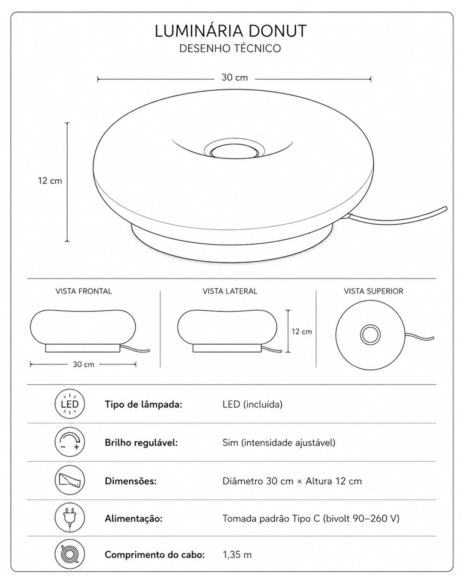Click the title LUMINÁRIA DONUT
tap(230, 31)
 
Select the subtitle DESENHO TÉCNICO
tap(230, 49)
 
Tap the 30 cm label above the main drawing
tap(235, 78)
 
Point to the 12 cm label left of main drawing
tap(50, 181)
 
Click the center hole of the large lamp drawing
tap(234, 152)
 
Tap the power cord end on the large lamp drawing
tap(445, 207)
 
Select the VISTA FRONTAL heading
tap(84, 291)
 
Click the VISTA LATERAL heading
tap(230, 291)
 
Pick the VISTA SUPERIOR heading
tap(373, 291)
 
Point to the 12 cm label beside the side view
tap(302, 331)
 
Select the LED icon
tap(70, 404)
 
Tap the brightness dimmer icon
tap(70, 442)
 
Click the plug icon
tap(70, 518)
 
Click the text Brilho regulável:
tap(141, 443)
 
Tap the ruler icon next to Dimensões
tap(70, 480)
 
